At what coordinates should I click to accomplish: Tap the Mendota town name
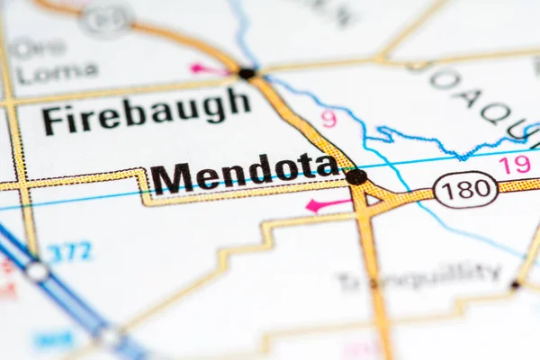[244, 174]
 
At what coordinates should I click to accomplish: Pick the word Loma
[57, 72]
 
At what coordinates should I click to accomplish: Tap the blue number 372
[69, 252]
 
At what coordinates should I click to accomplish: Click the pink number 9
[328, 118]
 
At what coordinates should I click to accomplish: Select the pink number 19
[515, 165]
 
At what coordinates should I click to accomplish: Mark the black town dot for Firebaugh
[247, 73]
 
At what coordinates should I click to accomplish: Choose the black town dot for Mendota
[356, 176]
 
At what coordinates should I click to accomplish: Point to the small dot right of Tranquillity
[515, 284]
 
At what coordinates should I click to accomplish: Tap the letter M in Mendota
[170, 178]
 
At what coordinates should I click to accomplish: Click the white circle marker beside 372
[37, 271]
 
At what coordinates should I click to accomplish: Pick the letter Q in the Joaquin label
[494, 112]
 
